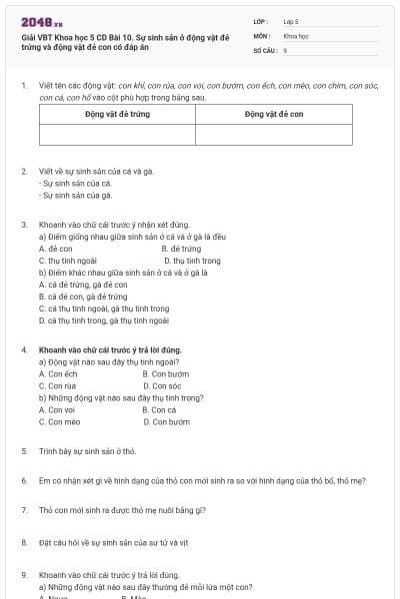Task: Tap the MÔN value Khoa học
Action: click(x=296, y=34)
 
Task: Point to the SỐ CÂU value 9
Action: click(x=285, y=49)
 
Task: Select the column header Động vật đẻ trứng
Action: click(x=117, y=114)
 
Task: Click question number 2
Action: click(x=24, y=171)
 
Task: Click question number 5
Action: click(x=24, y=451)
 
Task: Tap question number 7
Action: click(x=24, y=510)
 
